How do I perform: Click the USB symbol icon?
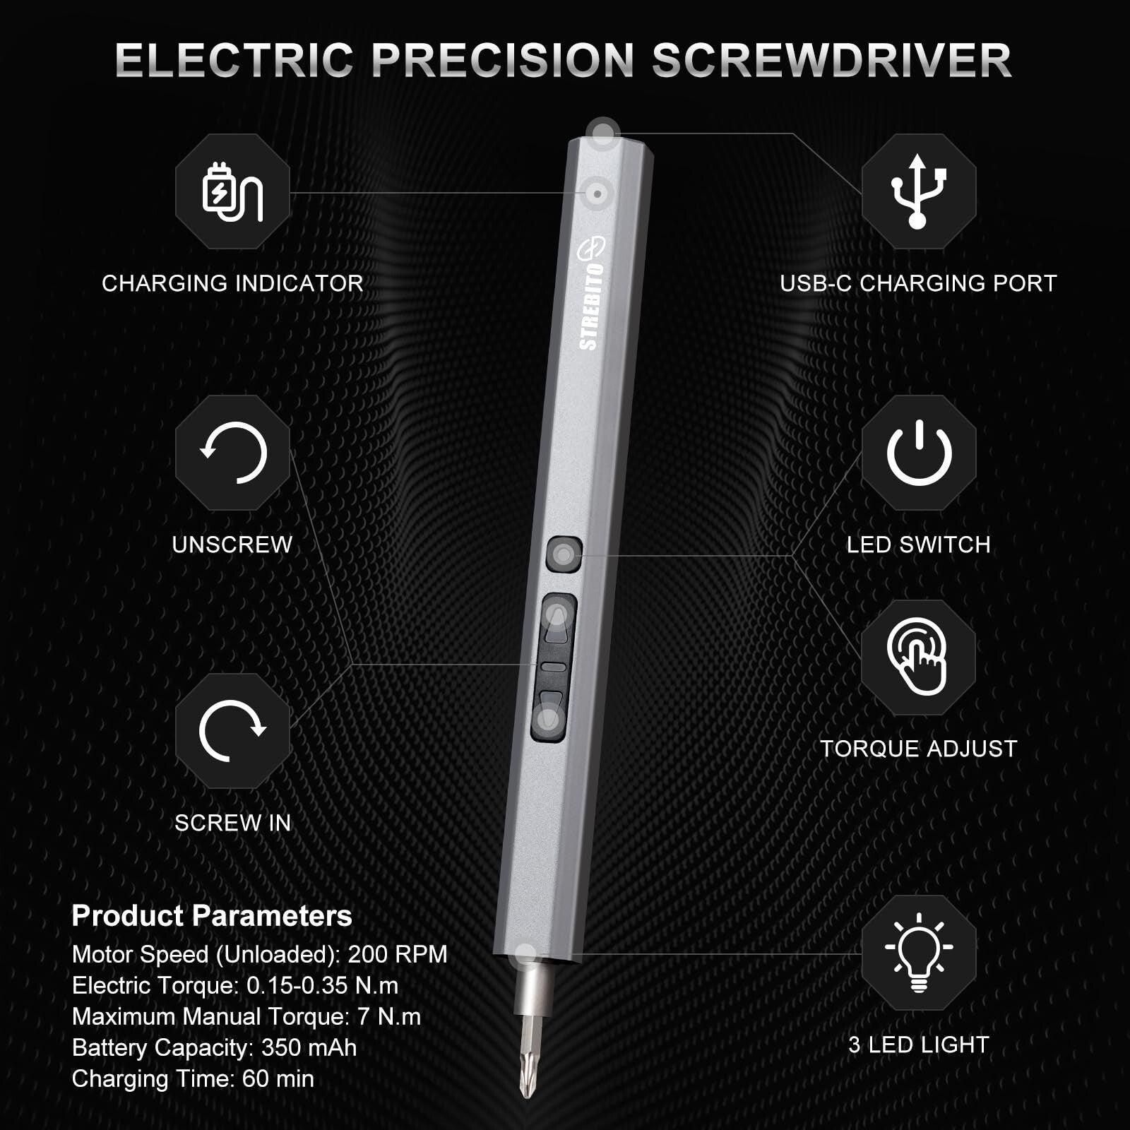click(918, 191)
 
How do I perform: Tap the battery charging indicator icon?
click(232, 191)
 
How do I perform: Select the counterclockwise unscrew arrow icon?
click(233, 453)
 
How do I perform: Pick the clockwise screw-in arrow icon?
click(232, 731)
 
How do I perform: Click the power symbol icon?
click(919, 453)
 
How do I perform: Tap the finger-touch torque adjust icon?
click(918, 657)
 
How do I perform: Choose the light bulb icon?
click(919, 952)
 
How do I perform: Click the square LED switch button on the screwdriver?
click(564, 555)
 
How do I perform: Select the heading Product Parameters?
click(212, 916)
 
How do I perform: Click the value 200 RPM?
click(398, 954)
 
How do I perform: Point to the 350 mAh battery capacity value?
click(309, 1047)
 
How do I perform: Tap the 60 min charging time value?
click(278, 1078)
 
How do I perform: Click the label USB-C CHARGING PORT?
click(918, 283)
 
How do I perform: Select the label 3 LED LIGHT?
click(918, 1045)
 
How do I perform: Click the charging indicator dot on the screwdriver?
click(597, 193)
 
